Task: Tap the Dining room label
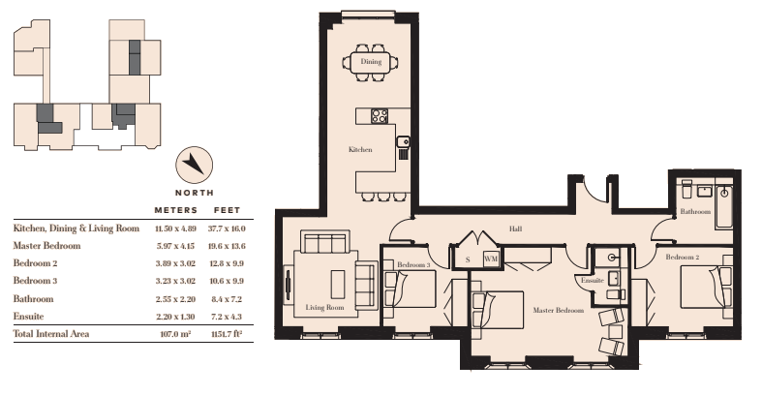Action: click(371, 62)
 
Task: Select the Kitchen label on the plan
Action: click(360, 150)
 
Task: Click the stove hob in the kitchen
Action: click(380, 116)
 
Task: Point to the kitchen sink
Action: click(403, 142)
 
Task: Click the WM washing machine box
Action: click(491, 259)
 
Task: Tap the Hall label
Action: click(516, 228)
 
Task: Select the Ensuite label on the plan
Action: click(593, 281)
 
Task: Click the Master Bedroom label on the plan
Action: click(558, 310)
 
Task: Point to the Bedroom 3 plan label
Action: click(413, 265)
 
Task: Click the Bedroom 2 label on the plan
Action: click(683, 257)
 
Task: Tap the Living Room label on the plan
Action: click(324, 307)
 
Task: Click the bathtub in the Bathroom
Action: click(724, 207)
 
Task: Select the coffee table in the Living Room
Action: click(338, 285)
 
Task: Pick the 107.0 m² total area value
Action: click(175, 334)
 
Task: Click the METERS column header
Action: click(176, 210)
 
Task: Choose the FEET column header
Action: click(227, 210)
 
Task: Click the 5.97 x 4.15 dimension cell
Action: click(175, 246)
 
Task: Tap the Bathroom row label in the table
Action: click(34, 299)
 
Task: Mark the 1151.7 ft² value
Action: click(227, 334)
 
